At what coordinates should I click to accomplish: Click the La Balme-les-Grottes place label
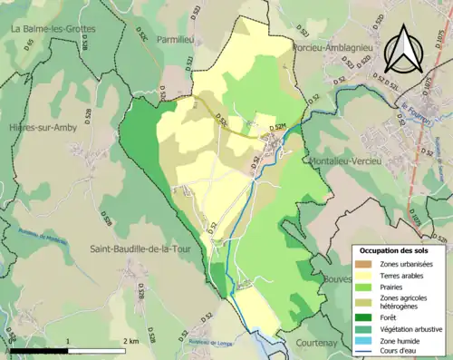54,29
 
